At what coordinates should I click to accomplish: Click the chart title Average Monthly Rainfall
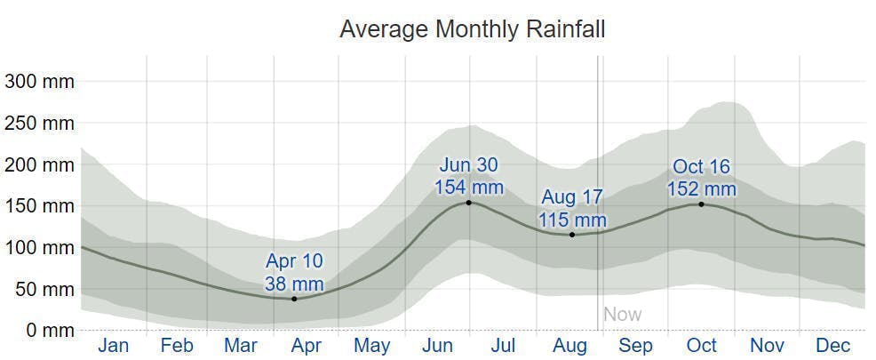coord(472,29)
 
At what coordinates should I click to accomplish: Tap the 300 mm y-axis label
coord(39,82)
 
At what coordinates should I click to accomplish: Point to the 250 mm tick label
coord(39,124)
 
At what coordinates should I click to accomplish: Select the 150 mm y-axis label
coord(39,206)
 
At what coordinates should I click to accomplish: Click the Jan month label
coord(113,346)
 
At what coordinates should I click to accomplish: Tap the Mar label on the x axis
coord(241,346)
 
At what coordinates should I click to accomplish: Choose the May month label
coord(371,346)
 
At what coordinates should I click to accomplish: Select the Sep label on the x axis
coord(635,346)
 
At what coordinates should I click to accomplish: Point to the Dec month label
coord(832,346)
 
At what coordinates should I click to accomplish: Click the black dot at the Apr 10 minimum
coord(294,299)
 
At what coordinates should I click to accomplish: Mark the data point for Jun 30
coord(469,203)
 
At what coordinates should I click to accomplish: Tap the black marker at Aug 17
coord(572,235)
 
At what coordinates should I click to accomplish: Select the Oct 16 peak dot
coord(701,204)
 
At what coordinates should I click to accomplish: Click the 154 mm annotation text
coord(469,188)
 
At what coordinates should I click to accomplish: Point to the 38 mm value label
coord(294,284)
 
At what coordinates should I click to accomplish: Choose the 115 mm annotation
coord(572,220)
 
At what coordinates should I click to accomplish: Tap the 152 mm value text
coord(702,189)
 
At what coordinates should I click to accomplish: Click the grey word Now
coord(622,314)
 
